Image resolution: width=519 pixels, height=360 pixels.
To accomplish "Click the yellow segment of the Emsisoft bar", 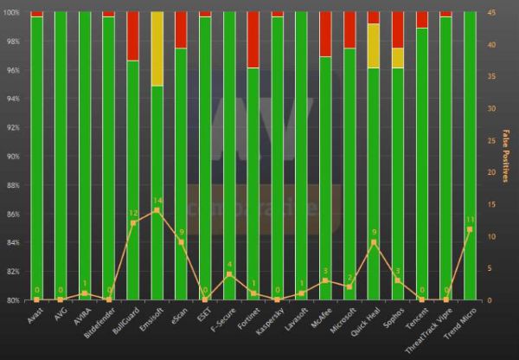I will [157, 48].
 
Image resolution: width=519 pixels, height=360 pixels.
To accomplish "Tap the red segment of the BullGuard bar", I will [132, 36].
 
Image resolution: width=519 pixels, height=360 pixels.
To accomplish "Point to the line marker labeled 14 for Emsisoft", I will [157, 210].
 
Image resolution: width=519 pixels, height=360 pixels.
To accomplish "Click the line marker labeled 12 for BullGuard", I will [132, 223].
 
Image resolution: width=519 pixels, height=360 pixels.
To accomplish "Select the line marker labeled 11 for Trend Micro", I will [470, 229].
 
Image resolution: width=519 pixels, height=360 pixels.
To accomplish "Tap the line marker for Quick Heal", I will [373, 242].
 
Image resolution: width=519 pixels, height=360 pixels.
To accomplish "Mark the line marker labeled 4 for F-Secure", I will [229, 274].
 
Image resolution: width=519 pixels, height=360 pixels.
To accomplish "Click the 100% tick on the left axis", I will [11, 12].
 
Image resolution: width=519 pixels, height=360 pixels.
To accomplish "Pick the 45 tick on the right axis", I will [491, 12].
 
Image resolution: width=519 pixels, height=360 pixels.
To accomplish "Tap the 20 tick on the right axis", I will [491, 172].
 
